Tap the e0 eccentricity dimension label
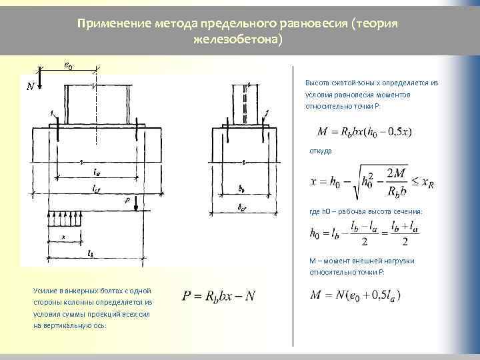click(68, 65)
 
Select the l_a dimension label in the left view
click(97, 171)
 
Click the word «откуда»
click(319, 151)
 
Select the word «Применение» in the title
click(108, 24)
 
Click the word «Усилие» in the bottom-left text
click(45, 291)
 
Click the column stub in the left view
click(97, 103)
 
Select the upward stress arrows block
click(67, 218)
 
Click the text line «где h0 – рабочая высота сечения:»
click(365, 211)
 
